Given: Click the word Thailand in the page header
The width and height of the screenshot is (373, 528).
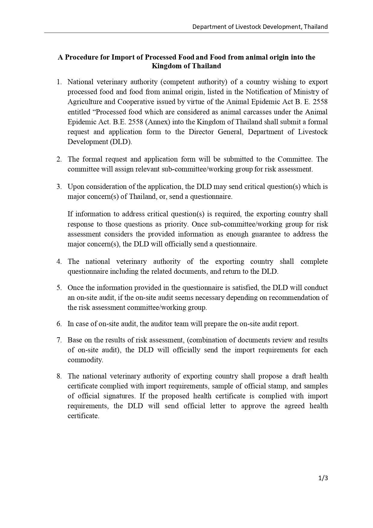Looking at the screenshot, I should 316,27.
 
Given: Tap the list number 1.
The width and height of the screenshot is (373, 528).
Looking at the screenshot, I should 59,82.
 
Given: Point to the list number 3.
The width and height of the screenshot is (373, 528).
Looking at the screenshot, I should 59,187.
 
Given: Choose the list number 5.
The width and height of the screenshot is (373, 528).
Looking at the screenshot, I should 59,288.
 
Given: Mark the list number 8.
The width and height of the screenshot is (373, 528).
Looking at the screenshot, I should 59,376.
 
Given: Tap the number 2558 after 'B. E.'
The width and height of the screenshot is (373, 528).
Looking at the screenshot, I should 320,102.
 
